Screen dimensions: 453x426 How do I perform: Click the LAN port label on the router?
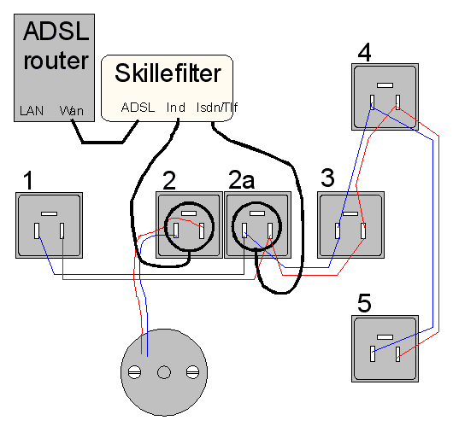coord(32,111)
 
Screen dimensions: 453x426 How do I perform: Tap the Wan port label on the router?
coord(72,111)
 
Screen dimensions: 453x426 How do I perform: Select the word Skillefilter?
coord(168,73)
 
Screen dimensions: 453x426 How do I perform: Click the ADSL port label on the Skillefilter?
coord(138,108)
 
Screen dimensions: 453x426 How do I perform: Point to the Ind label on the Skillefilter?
coord(176,108)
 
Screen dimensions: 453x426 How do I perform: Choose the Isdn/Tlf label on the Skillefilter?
coord(217,108)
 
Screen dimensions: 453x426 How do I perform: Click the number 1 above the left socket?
coord(28,180)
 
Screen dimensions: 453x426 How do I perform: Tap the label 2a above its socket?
coord(242,179)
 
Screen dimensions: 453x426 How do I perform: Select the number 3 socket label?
coord(327,178)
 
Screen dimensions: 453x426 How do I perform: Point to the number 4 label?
coord(364,52)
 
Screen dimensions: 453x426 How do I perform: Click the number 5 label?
coord(364,303)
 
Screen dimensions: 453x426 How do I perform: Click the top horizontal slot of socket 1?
coord(49,214)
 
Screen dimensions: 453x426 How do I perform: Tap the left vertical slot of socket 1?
coord(37,231)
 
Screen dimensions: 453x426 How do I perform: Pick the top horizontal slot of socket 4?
coord(385,85)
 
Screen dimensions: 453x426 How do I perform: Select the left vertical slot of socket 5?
coord(373,353)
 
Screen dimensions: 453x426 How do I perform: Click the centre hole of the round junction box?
coord(164,372)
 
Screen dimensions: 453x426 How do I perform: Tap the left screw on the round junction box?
coord(135,372)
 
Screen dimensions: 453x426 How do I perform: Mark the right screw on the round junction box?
coord(192,372)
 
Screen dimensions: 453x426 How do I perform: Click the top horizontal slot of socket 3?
coord(350,214)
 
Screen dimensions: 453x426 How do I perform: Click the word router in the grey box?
coord(56,61)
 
